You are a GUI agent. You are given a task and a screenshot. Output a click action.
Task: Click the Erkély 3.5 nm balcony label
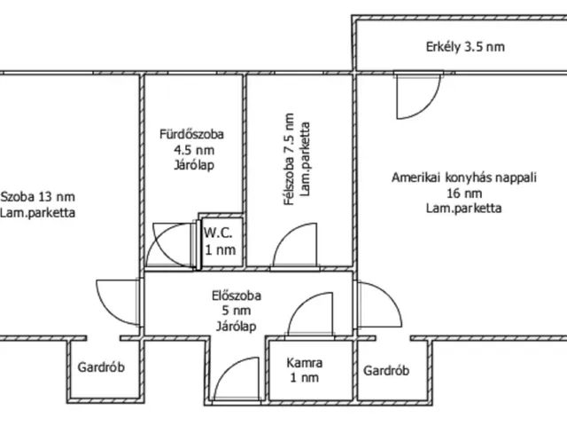point(465,47)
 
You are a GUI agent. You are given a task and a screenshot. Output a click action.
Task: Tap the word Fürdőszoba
point(191,134)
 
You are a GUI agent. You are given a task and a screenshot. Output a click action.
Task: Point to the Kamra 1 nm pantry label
point(305,370)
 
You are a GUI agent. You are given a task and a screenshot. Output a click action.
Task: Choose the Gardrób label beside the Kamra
point(386,371)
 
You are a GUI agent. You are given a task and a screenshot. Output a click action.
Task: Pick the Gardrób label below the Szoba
point(101,367)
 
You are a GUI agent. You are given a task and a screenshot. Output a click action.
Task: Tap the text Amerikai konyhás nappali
point(464,177)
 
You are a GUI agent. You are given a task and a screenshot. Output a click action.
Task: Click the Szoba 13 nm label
point(38,197)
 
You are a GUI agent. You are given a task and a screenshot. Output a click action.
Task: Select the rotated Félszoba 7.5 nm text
point(289,160)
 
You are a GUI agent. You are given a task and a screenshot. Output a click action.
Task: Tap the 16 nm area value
point(464,193)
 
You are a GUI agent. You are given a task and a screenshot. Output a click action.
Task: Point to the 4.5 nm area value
point(194,150)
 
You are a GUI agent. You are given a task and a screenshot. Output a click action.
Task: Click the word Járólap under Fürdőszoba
point(194,165)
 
